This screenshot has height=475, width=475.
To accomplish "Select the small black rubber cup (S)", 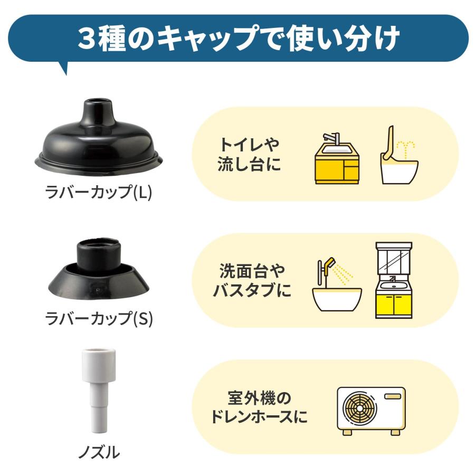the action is pos(99,268).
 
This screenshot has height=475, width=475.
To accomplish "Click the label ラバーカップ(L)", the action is pos(99,192).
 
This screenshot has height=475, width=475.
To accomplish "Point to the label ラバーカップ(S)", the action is pos(99,318).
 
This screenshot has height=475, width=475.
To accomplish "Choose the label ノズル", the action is pos(99,453).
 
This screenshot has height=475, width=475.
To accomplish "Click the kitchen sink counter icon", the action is pos(337,158).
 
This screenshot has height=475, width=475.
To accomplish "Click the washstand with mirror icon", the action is pos(394,280).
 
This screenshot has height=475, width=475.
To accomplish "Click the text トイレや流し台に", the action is pos(249,155).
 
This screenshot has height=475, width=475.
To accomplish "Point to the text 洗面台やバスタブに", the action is pos(252,281).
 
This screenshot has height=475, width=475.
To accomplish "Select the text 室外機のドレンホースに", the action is pos(259,407).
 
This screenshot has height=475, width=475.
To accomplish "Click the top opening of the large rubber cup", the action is pos(98,101).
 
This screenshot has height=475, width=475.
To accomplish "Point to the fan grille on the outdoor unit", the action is pos(359,408).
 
